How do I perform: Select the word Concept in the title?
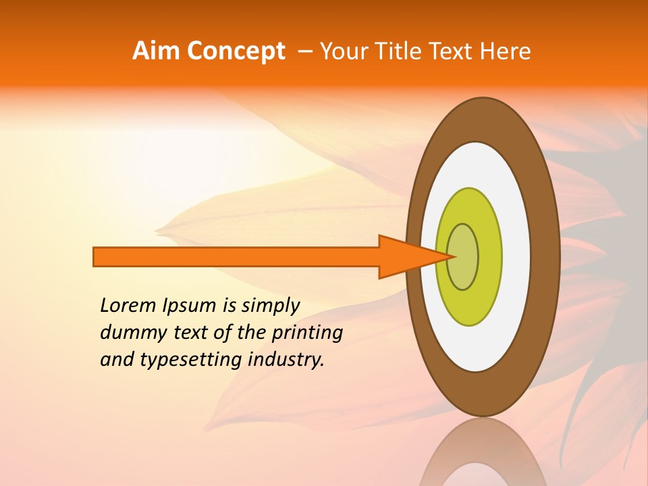click(235, 51)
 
